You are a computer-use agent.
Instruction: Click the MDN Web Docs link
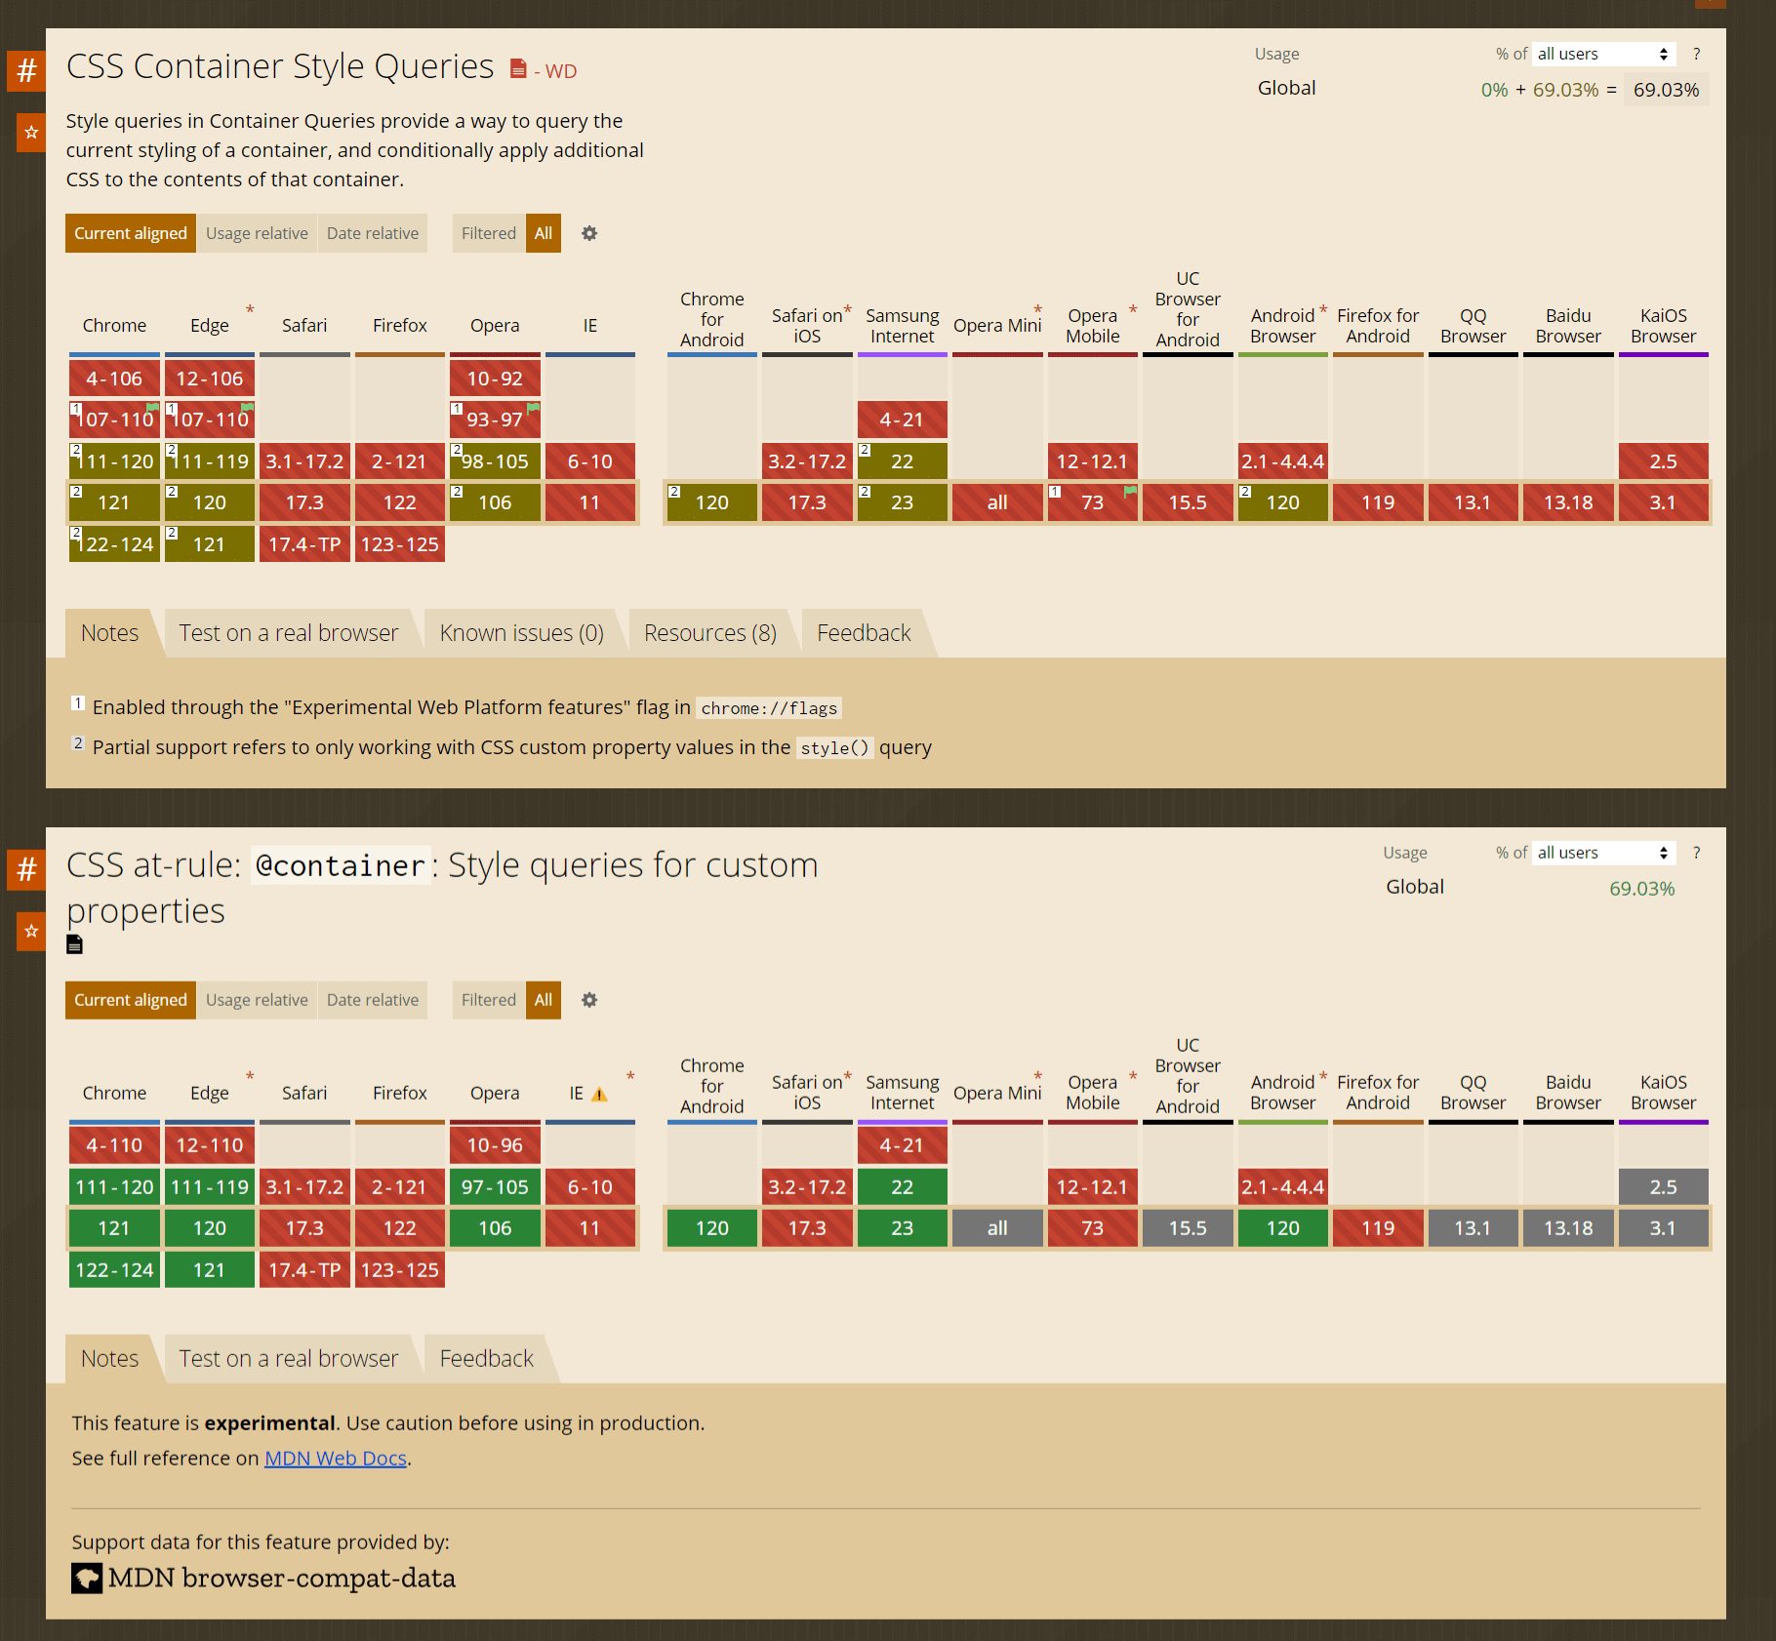coord(335,1458)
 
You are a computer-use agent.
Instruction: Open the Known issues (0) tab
coord(521,633)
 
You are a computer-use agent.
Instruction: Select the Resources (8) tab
coord(709,633)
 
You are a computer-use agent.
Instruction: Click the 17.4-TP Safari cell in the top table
coord(304,544)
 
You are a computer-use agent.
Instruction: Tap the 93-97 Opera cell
coord(495,420)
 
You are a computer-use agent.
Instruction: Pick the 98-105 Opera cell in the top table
coord(495,461)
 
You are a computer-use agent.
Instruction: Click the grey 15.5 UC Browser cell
coord(1188,1228)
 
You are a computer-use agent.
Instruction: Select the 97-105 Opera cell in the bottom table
coord(495,1187)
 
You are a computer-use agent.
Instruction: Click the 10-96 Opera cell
coord(495,1145)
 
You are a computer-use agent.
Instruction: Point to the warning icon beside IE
coord(599,1095)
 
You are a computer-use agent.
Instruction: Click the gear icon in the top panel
coord(589,233)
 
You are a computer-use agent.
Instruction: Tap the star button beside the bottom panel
coord(31,932)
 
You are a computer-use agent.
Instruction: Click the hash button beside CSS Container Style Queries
coord(27,70)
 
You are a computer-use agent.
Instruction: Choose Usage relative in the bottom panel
coord(257,1000)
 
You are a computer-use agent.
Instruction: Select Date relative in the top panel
coord(372,233)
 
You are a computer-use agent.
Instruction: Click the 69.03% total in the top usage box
coord(1666,90)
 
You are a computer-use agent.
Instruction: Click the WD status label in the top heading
coord(560,71)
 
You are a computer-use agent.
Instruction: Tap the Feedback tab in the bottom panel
coord(486,1358)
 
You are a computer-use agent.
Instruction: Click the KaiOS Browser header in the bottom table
coord(1663,1093)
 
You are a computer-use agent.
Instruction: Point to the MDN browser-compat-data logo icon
coord(87,1578)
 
